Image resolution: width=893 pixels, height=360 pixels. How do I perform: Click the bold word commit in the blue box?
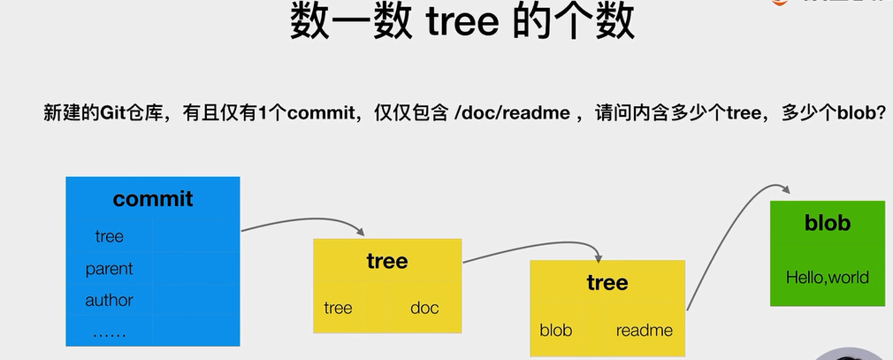click(152, 198)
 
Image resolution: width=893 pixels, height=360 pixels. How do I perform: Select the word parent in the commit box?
click(109, 268)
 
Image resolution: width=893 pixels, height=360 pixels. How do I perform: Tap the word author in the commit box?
click(109, 300)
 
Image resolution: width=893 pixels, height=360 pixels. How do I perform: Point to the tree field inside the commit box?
click(109, 236)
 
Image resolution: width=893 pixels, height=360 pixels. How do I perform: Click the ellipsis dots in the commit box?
click(109, 333)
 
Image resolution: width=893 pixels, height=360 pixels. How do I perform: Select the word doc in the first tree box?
click(424, 308)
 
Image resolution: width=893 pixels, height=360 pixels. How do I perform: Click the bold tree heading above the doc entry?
click(387, 261)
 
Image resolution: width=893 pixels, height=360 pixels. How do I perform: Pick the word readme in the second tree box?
click(644, 330)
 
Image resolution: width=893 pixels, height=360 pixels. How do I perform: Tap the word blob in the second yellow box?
click(555, 330)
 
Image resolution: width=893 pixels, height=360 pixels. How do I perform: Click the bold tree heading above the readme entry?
click(607, 282)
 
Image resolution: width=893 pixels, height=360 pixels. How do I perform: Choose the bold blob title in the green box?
click(827, 223)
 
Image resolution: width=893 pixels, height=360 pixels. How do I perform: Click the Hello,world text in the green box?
click(827, 277)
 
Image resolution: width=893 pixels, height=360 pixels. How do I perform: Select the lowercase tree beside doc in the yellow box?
click(338, 308)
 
